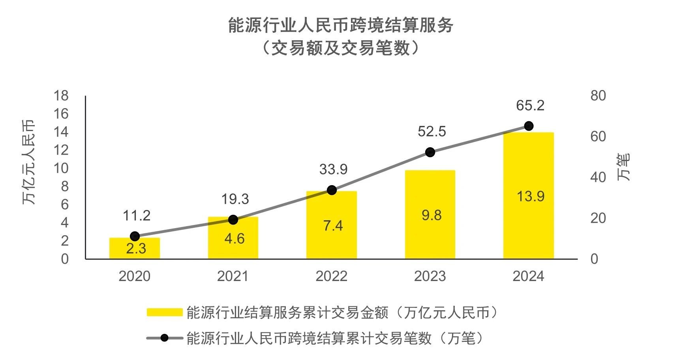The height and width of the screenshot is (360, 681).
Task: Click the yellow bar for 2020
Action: click(x=135, y=248)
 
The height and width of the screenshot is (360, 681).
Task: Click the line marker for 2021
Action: click(x=233, y=220)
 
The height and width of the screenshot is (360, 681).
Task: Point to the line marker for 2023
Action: click(x=430, y=152)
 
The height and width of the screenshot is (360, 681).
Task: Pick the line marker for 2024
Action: click(x=529, y=126)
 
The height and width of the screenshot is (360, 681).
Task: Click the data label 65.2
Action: click(x=530, y=106)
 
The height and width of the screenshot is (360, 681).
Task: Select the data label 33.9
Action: click(x=333, y=169)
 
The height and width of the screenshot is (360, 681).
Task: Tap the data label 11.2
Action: click(x=137, y=216)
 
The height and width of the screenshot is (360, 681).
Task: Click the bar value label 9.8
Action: click(x=431, y=215)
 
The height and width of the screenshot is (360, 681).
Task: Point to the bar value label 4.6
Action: click(x=235, y=239)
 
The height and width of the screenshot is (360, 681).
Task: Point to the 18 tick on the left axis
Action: click(x=61, y=96)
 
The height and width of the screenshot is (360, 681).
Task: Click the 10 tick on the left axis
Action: click(x=61, y=169)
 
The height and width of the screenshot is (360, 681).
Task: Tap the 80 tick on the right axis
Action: click(x=598, y=96)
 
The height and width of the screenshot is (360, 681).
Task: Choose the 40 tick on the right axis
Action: click(x=598, y=178)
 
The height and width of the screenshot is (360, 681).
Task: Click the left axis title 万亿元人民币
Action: click(x=29, y=162)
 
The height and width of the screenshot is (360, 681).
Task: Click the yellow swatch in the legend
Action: click(x=164, y=313)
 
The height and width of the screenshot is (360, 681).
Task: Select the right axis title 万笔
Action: click(x=624, y=167)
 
